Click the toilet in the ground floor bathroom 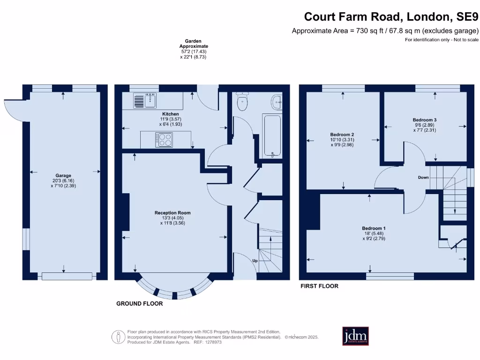point(242,103)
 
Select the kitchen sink point(145,101)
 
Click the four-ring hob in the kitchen point(165,140)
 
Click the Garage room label point(63,176)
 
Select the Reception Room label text point(172,213)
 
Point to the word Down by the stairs point(423,178)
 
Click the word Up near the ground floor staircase point(255,260)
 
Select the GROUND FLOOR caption point(140,304)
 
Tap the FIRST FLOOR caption point(319,286)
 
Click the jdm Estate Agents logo point(355,336)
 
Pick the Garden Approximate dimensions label point(193,49)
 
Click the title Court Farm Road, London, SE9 point(391,17)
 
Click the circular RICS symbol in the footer point(117,337)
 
